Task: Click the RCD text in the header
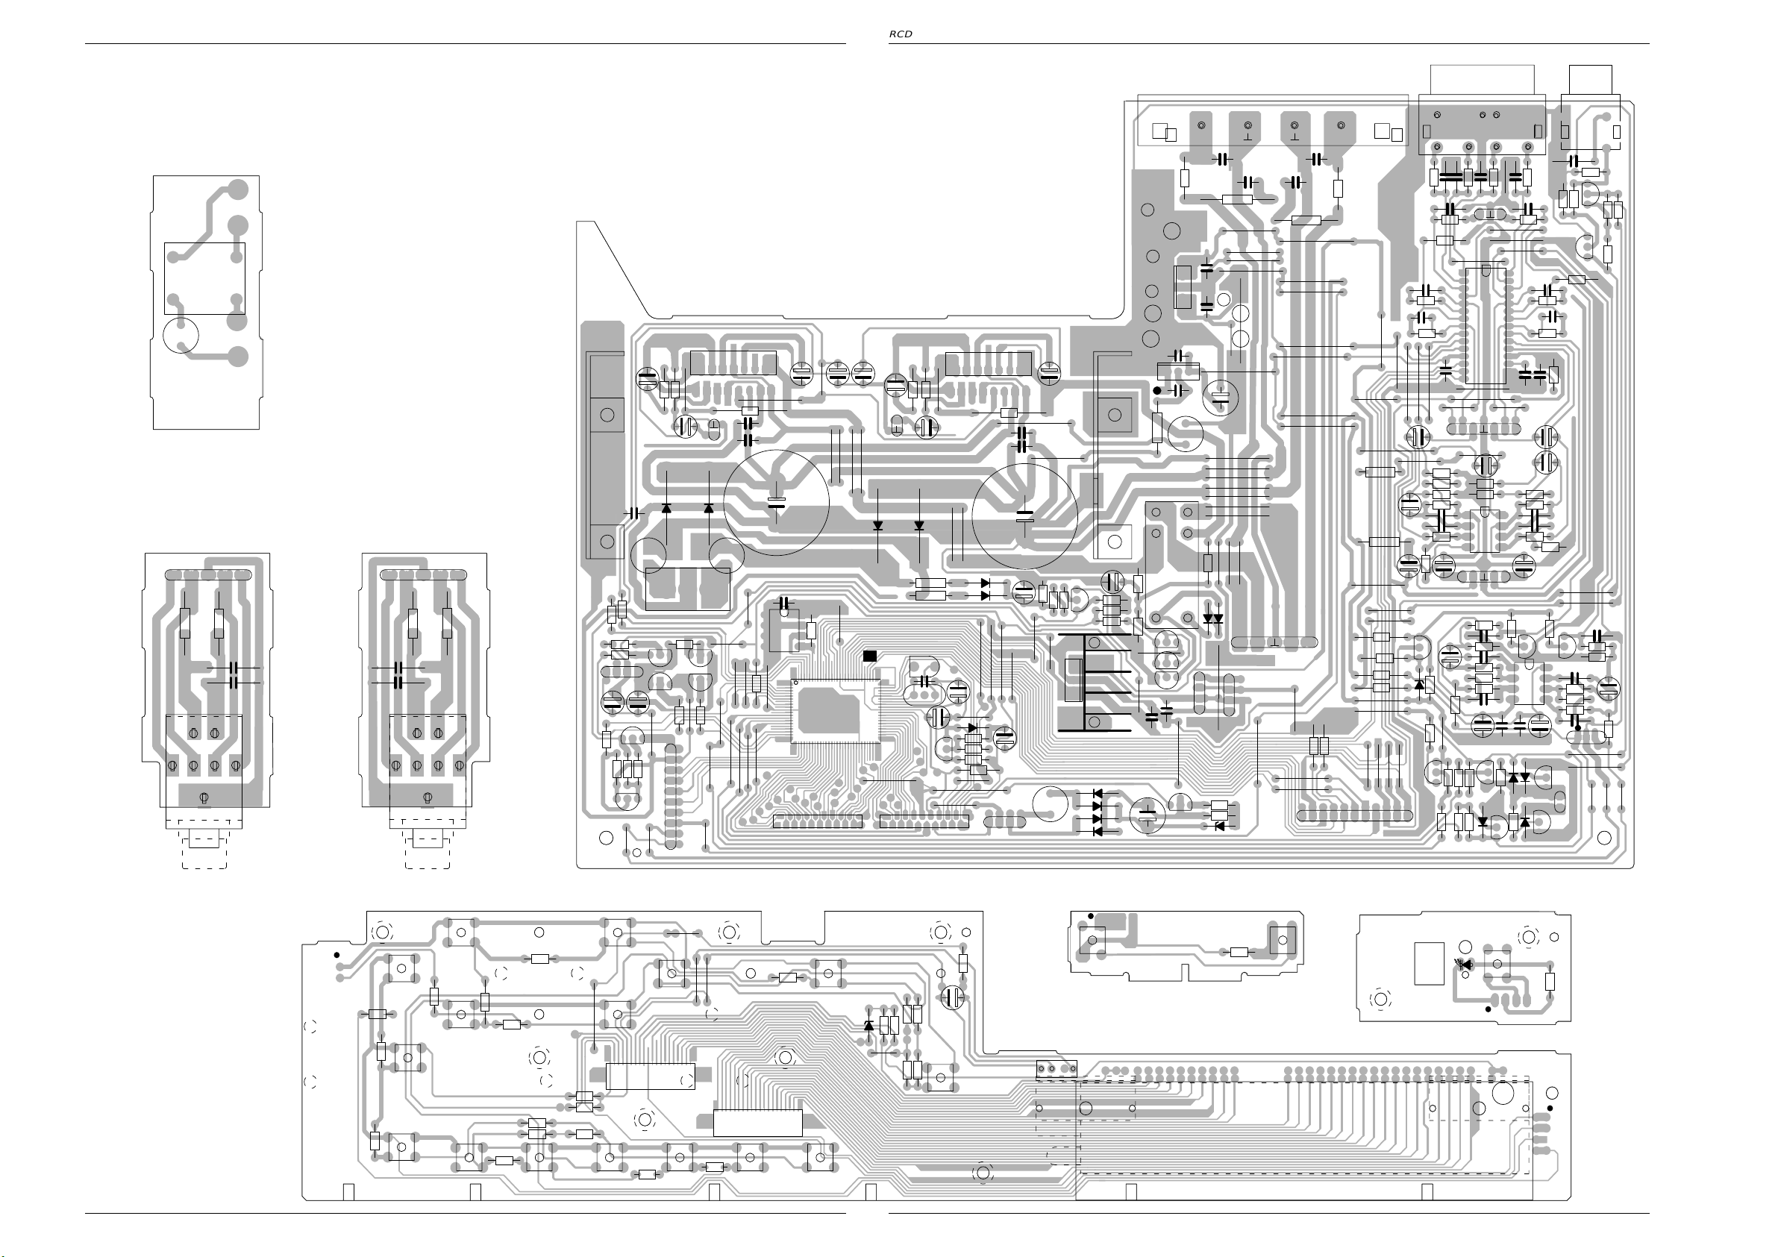[x=900, y=34]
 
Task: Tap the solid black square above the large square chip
[x=870, y=656]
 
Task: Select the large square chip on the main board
[x=836, y=710]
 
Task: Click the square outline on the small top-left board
[x=204, y=278]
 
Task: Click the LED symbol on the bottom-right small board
[x=1464, y=965]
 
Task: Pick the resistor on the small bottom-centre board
[x=1239, y=952]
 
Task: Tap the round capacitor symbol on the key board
[x=954, y=997]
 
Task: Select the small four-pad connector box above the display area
[x=1056, y=1070]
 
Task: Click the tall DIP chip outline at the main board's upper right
[x=1486, y=326]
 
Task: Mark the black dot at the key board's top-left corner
[x=336, y=955]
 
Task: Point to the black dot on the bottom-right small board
[x=1488, y=1009]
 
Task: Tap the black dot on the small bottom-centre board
[x=1091, y=916]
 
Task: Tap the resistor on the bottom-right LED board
[x=1550, y=981]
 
